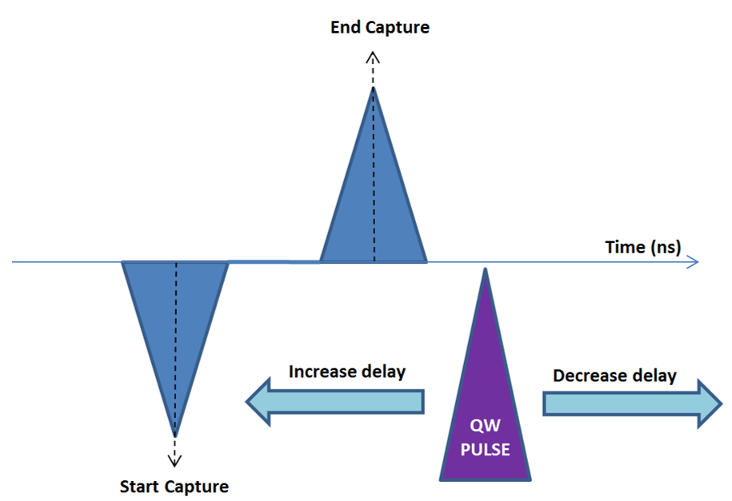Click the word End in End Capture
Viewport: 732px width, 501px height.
[346, 27]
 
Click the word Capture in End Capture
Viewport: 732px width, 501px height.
[398, 28]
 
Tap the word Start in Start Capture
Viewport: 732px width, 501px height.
[138, 487]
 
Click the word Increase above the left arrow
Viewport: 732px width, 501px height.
[323, 372]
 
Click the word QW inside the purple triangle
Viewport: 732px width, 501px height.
[486, 425]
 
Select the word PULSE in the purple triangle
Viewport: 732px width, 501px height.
[486, 450]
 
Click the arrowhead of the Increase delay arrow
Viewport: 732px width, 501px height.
[258, 402]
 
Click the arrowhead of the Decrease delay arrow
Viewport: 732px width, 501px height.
[710, 403]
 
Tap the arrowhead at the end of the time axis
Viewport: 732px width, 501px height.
[694, 262]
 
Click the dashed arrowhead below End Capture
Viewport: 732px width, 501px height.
[373, 58]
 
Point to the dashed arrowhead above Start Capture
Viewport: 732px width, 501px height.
[174, 461]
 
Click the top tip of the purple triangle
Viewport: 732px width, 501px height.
[486, 268]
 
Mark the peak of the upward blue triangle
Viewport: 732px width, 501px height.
[373, 87]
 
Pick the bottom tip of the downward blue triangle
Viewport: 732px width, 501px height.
[175, 436]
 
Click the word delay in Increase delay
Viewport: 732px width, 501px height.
[384, 372]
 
